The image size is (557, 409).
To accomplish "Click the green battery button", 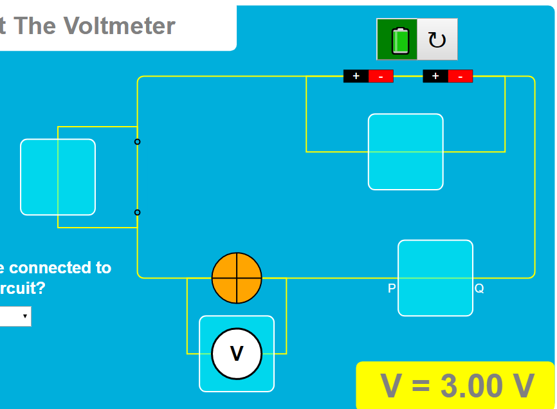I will (397, 39).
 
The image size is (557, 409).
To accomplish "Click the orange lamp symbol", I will (237, 278).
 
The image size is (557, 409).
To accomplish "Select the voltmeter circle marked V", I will (237, 354).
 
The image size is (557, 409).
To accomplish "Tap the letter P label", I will (391, 289).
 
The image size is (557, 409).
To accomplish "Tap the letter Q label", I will (479, 289).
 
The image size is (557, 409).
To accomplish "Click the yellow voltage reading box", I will (455, 385).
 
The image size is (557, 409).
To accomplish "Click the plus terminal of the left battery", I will (356, 76).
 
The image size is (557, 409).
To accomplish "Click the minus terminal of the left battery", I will (381, 76).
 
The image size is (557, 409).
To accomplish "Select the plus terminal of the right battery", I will (435, 76).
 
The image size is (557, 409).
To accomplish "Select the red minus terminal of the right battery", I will (461, 76).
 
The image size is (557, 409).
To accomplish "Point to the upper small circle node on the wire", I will (137, 141).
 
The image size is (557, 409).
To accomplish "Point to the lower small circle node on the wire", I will (137, 212).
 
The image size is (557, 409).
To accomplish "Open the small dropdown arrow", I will (24, 316).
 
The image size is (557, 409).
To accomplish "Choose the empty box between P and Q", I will (435, 278).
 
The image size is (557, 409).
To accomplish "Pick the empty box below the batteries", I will (405, 152).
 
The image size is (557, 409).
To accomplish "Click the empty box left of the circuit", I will (58, 177).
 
